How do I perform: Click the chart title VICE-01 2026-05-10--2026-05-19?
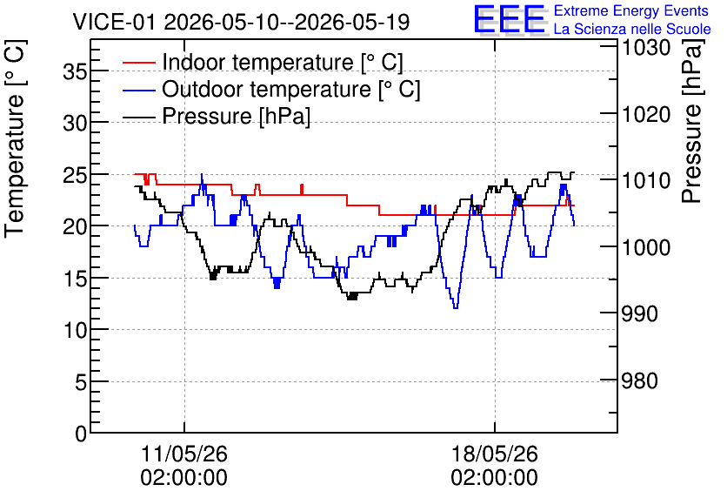pos(241,22)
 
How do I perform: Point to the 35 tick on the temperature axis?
pos(75,71)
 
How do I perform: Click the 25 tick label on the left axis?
pos(75,174)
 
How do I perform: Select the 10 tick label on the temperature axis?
pos(75,329)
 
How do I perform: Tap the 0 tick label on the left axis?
pos(81,434)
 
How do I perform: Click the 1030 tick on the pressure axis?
pos(646,47)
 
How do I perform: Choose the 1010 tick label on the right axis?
pos(646,180)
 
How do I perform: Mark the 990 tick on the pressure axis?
pos(639,313)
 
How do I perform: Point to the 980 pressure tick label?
pos(639,380)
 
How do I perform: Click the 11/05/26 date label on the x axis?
pos(184,466)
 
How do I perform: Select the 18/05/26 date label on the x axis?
pos(494,466)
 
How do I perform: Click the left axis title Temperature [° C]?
pos(16,138)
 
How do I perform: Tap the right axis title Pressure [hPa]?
pos(692,120)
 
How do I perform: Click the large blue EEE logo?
pos(509,19)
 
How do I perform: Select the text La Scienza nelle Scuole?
pos(632,29)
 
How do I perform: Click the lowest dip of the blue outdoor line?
pos(456,307)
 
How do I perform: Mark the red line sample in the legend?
pos(139,62)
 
